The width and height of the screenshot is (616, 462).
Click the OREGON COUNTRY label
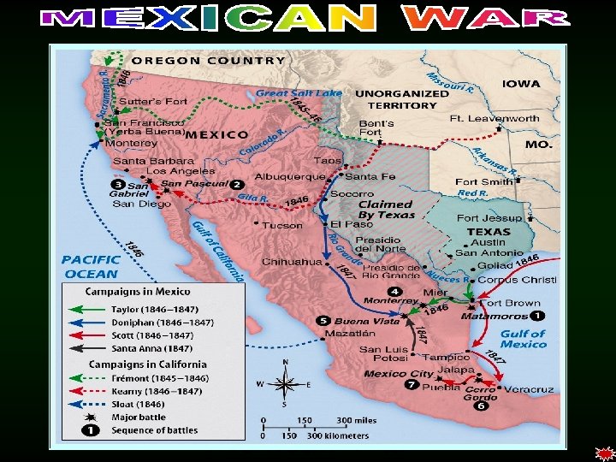coord(209,61)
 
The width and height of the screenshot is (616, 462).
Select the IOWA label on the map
coord(521,83)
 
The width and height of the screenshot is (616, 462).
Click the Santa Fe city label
coord(370,176)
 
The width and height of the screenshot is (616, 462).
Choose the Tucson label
coord(282,225)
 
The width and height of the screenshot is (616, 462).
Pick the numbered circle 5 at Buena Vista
coord(323,321)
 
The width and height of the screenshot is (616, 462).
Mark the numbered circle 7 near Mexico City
coord(412,386)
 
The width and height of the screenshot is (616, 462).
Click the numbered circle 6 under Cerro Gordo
coord(483,406)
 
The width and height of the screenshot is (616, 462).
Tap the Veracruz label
coord(529,389)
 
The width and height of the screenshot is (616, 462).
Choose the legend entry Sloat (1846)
coord(138,403)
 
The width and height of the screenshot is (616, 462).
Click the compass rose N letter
coord(285,362)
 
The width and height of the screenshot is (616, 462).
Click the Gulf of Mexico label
coord(523,339)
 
